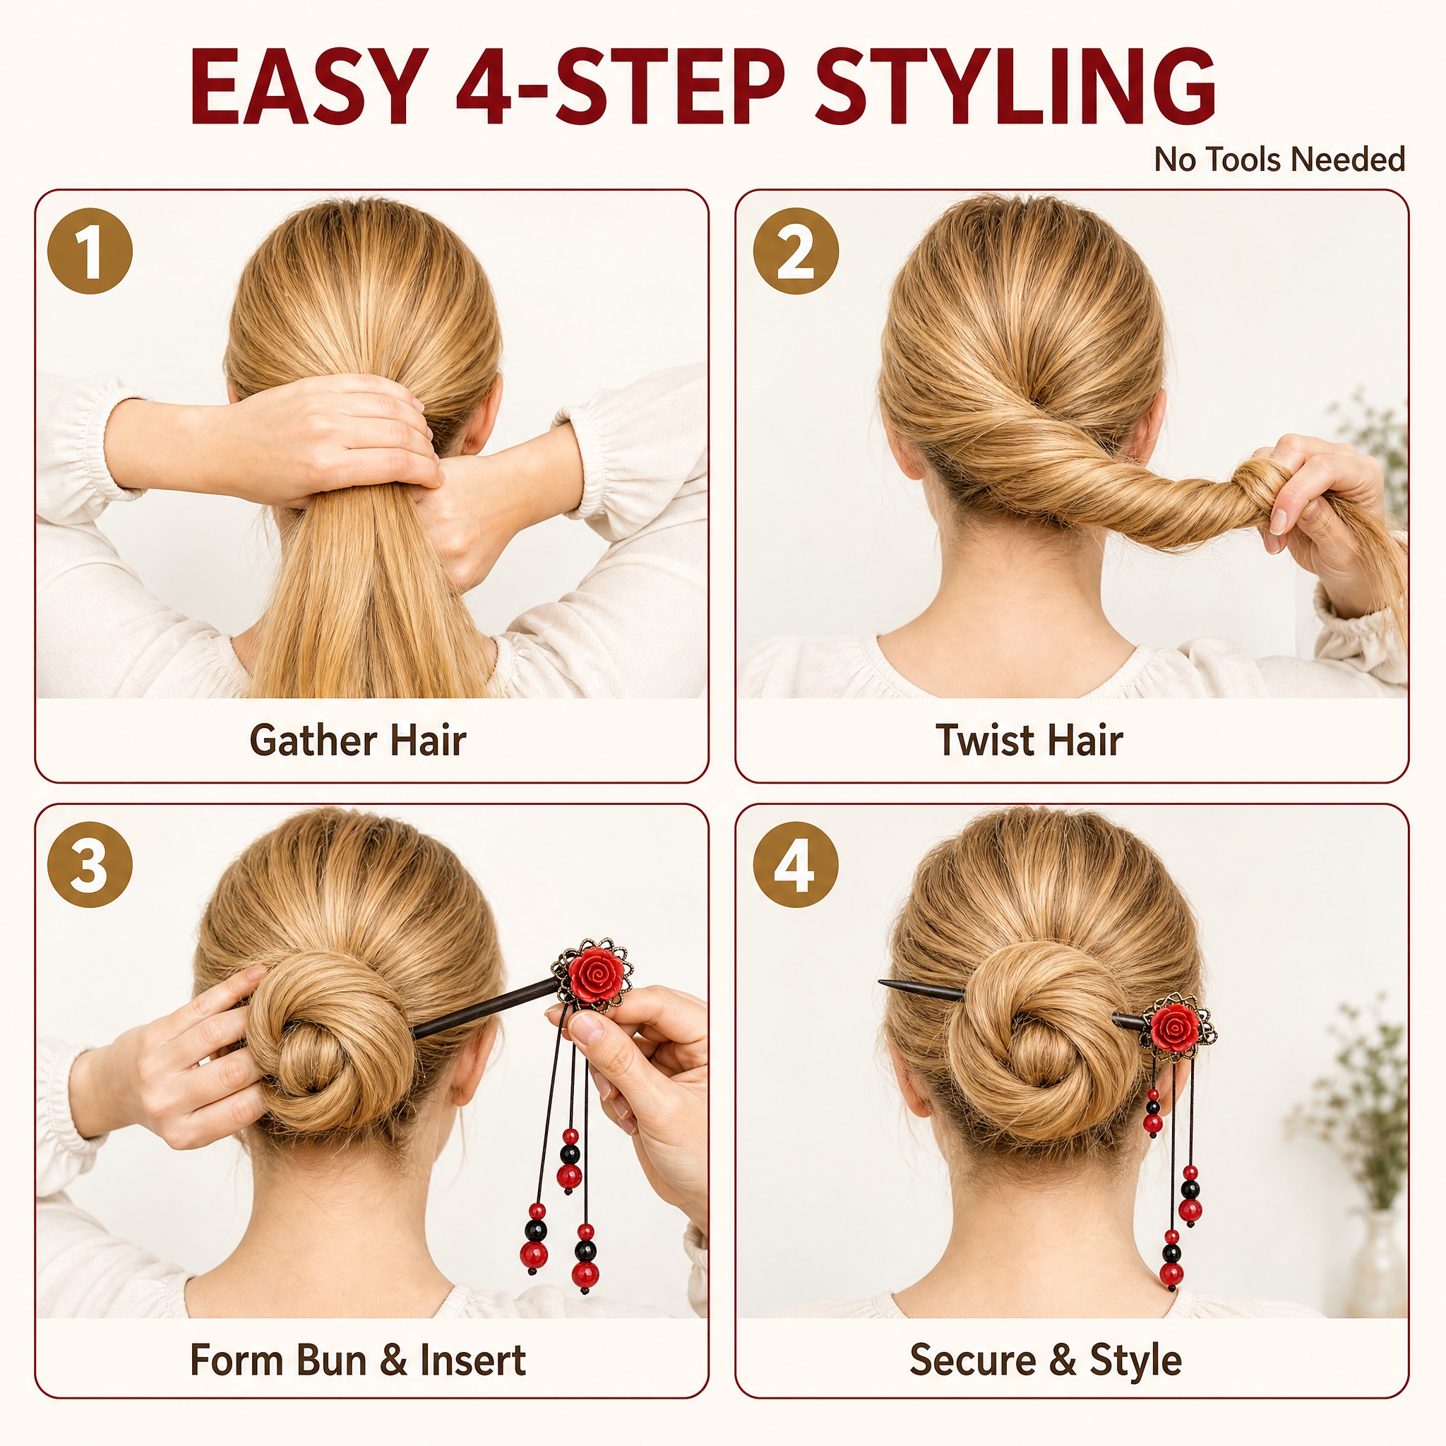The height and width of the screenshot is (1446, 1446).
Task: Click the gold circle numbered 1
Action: pyautogui.click(x=90, y=251)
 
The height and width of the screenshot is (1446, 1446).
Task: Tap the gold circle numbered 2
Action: pyautogui.click(x=796, y=251)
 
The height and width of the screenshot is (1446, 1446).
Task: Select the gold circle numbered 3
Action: pyautogui.click(x=90, y=865)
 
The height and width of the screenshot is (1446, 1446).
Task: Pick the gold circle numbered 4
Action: pyautogui.click(x=796, y=865)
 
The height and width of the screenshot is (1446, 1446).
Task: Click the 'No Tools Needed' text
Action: pyautogui.click(x=1279, y=160)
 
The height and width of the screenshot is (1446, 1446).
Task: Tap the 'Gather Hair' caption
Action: pyautogui.click(x=358, y=740)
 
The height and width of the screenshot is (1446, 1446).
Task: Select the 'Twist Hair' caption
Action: pyautogui.click(x=1029, y=740)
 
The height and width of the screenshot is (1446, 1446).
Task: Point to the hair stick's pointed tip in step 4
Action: pyautogui.click(x=880, y=982)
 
